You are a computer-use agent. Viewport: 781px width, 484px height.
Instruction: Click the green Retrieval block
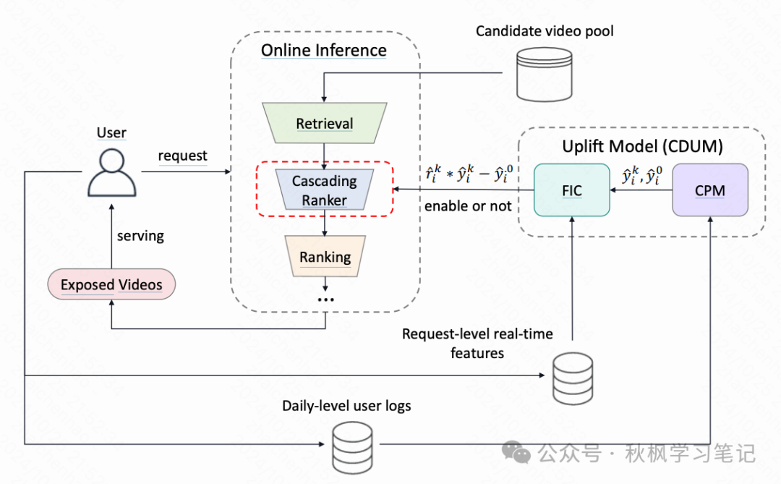coord(325,124)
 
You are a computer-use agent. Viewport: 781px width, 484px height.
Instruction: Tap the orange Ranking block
coord(325,257)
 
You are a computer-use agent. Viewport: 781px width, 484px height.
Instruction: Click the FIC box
coord(571,190)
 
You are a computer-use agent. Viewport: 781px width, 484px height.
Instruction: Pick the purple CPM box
coord(709,190)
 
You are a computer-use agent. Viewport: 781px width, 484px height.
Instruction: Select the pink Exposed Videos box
coord(111,284)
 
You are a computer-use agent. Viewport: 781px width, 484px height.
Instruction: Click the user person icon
coord(111,174)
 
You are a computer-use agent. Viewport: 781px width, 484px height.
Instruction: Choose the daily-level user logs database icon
coord(351,446)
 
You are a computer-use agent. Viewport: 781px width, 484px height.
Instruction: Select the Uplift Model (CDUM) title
coord(642,146)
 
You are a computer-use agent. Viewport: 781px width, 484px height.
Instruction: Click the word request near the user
coord(182,156)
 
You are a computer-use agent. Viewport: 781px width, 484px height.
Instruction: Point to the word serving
coord(140,236)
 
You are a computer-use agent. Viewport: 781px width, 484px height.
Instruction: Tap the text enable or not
coord(468,206)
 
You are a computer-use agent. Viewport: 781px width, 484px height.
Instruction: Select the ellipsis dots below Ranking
coord(325,299)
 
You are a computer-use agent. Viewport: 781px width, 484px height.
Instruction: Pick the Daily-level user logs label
coord(346,406)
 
